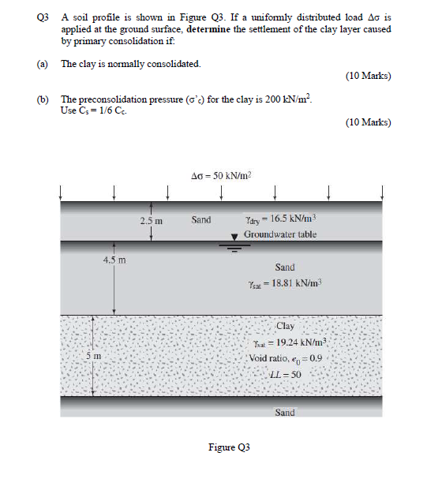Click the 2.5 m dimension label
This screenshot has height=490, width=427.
[152, 220]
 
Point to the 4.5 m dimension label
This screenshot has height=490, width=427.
[114, 259]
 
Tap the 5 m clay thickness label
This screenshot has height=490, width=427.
[93, 357]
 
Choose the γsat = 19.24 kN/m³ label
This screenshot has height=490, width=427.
[285, 343]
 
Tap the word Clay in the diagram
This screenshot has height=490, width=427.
[285, 327]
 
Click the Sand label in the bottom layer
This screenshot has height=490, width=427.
[285, 411]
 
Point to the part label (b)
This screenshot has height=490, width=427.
[41, 99]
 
